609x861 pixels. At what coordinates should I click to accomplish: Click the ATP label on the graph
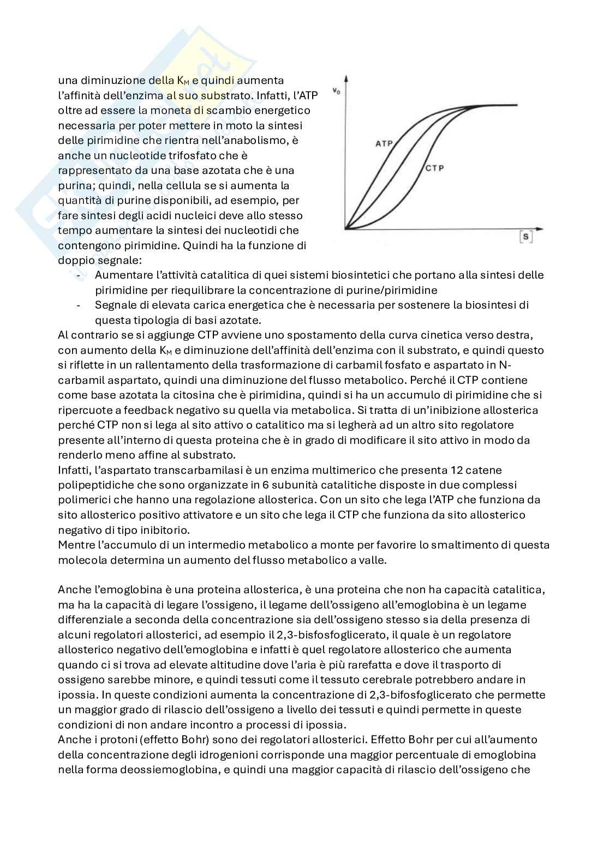(384, 144)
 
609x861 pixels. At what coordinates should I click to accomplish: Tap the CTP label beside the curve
(434, 168)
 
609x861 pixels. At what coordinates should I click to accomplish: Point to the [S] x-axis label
(526, 237)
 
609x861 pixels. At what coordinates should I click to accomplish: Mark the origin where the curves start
(346, 228)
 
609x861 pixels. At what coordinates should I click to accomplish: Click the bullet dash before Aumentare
(80, 275)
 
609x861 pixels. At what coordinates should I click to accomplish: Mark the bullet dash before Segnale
(80, 305)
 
